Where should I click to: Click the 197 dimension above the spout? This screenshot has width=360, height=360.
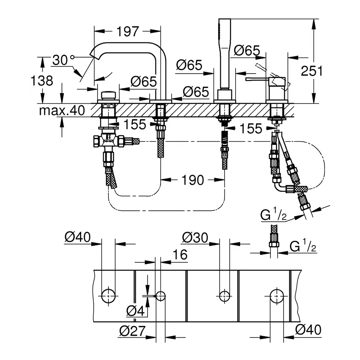[128, 32]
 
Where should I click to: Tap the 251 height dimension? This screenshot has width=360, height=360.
[312, 71]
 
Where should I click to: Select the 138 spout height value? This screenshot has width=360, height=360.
[42, 81]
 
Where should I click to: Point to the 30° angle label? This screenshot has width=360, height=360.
[63, 60]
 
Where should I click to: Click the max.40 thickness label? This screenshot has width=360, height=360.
[62, 110]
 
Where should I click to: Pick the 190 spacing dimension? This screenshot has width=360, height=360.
[193, 180]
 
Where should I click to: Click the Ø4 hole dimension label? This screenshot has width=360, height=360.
[136, 311]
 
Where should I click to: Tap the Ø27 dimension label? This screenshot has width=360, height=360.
[132, 331]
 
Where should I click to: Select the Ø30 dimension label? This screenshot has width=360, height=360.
[195, 237]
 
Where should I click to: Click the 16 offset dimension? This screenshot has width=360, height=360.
[180, 255]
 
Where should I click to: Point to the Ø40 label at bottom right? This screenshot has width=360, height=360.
[308, 330]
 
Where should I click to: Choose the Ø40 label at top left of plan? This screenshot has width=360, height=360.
[78, 237]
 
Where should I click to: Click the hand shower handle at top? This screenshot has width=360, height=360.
[224, 54]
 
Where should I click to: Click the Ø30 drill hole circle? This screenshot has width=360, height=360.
[224, 296]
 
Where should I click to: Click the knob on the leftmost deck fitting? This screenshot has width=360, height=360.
[108, 95]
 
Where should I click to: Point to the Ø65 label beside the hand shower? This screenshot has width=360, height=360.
[247, 50]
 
